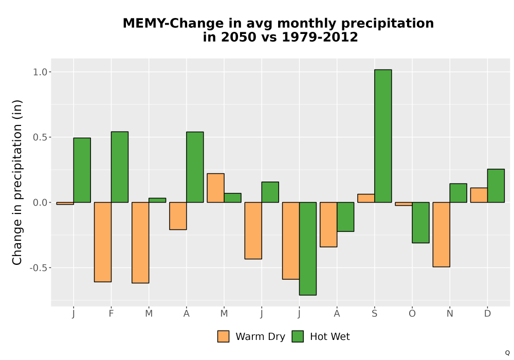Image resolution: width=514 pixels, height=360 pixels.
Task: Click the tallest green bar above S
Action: [383, 136]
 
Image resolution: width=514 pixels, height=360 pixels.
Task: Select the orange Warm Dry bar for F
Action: [103, 242]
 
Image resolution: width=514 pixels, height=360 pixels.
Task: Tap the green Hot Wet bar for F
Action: [120, 167]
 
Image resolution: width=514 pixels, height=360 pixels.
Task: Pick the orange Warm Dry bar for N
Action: [441, 235]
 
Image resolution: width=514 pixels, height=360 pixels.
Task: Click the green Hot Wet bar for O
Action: [420, 223]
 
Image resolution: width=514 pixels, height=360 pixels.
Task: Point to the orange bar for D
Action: [479, 195]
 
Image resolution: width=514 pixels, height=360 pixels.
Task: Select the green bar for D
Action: [496, 186]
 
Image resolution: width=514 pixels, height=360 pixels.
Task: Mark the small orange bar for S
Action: [366, 198]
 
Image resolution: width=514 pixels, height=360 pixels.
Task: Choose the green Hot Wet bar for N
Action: [458, 193]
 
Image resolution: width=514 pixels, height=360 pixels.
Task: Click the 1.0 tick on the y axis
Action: [40, 72]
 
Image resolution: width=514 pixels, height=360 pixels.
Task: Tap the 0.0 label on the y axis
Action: [40, 203]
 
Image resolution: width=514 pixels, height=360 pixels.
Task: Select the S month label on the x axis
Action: [374, 314]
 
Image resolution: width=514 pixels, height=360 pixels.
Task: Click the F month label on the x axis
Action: [111, 314]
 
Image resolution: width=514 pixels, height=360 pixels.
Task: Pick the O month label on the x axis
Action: [412, 314]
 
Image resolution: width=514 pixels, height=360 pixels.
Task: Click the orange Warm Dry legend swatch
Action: [223, 336]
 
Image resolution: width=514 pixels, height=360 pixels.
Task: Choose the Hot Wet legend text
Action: [330, 337]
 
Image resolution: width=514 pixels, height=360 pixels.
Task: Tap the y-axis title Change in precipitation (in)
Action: [17, 182]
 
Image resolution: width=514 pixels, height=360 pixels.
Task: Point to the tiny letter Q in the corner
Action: [507, 353]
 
